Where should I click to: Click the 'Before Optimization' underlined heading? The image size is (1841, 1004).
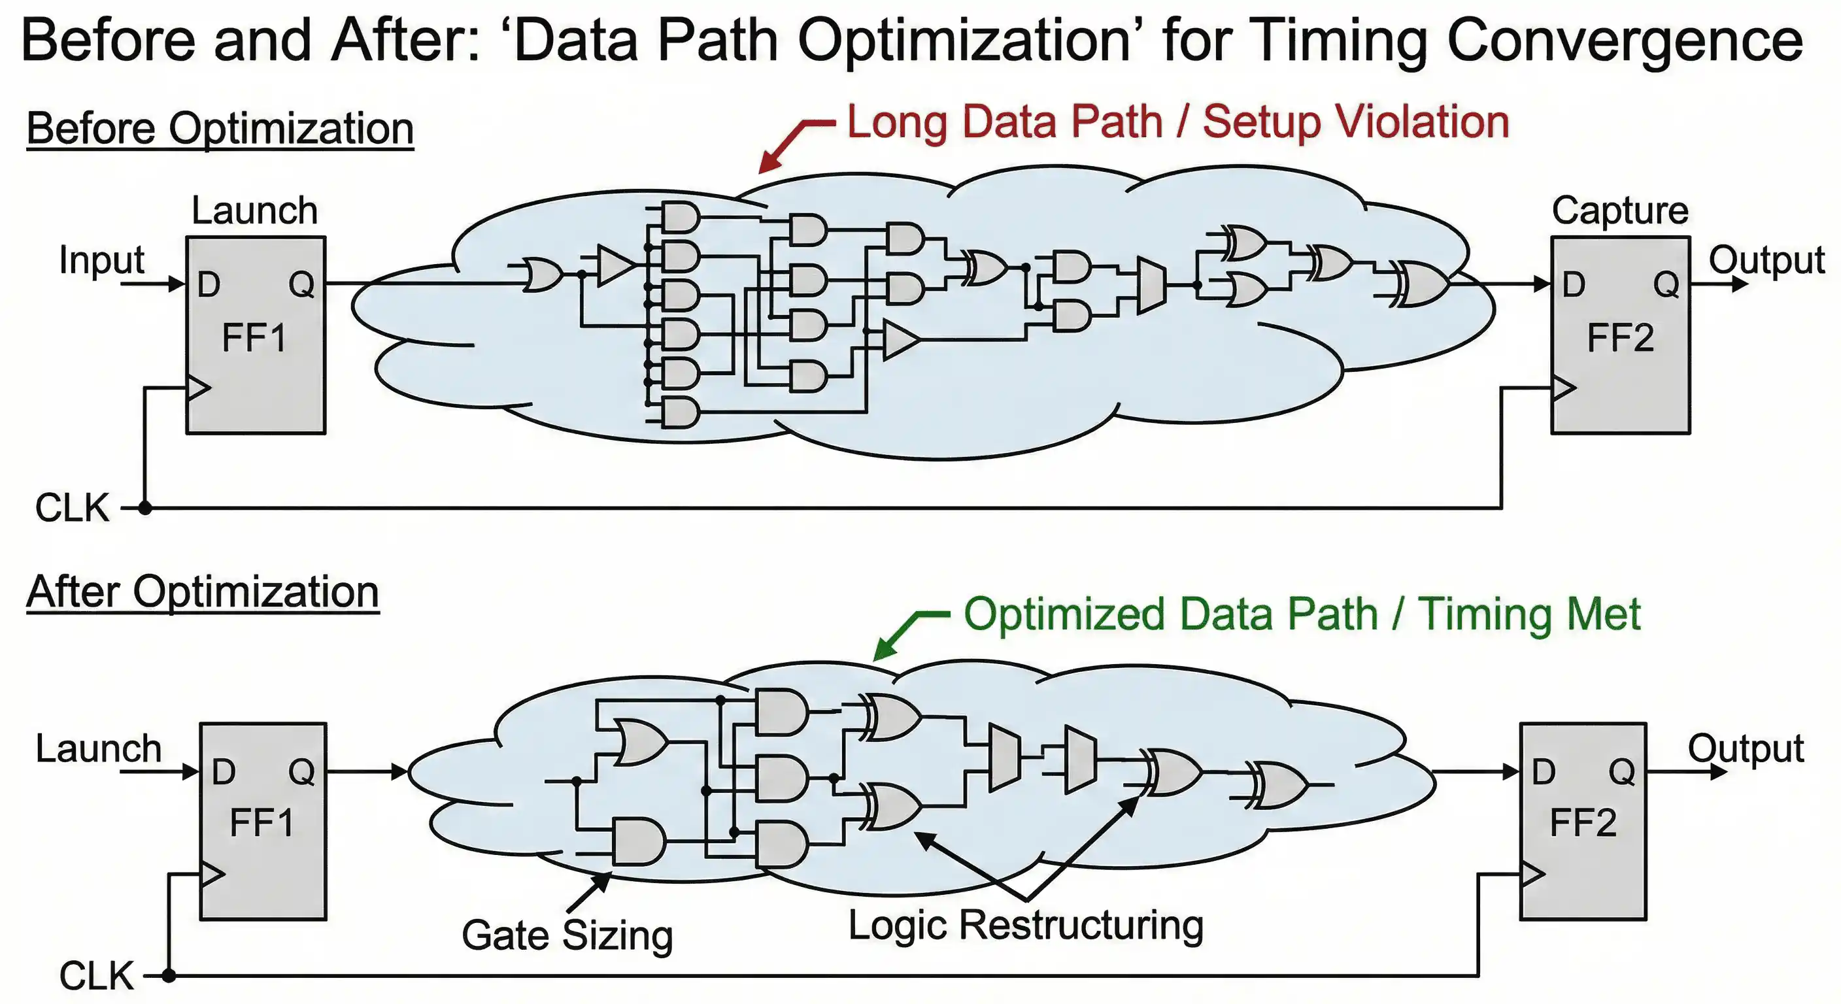click(220, 129)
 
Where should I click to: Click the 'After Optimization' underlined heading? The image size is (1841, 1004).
click(202, 592)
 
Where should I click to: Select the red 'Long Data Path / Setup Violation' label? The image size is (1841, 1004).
click(1178, 122)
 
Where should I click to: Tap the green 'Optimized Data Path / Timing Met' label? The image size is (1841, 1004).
click(1302, 614)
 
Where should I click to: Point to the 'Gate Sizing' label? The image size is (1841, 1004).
click(567, 935)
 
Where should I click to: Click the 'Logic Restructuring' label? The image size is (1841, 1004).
click(1026, 925)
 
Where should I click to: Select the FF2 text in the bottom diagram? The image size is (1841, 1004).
click(1583, 822)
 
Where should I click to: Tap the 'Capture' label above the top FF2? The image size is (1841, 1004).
click(1619, 211)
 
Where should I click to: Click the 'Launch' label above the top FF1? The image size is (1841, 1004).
click(254, 211)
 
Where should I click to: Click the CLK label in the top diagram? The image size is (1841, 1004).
click(72, 508)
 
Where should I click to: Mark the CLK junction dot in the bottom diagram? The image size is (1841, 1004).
click(169, 975)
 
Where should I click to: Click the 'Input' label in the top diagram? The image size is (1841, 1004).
click(101, 259)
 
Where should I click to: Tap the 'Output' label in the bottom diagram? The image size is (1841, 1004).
click(1746, 748)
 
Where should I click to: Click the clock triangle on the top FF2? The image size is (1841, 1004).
click(1563, 388)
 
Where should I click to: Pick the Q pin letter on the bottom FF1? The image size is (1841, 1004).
click(301, 772)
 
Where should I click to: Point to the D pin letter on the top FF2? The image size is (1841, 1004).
click(1573, 284)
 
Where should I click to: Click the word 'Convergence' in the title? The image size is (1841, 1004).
click(1625, 41)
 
